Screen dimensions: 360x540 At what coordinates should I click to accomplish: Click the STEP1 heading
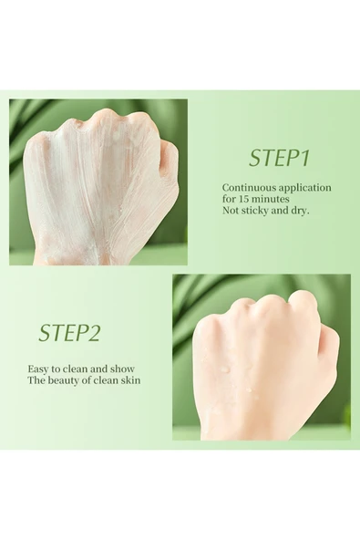279,158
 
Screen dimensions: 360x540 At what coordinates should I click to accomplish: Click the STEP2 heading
69,332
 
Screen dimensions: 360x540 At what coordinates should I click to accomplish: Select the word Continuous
249,188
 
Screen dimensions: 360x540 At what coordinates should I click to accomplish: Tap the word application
305,189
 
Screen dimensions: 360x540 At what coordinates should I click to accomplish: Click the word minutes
270,199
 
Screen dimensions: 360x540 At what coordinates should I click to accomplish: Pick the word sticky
256,211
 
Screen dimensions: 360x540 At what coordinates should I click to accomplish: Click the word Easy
38,369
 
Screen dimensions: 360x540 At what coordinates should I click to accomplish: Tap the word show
122,369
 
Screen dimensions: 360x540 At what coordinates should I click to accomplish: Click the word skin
130,380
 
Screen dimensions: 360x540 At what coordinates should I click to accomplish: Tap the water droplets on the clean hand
234,376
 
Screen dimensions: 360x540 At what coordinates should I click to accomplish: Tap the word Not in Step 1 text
231,211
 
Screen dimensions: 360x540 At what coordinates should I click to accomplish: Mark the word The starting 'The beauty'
35,380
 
